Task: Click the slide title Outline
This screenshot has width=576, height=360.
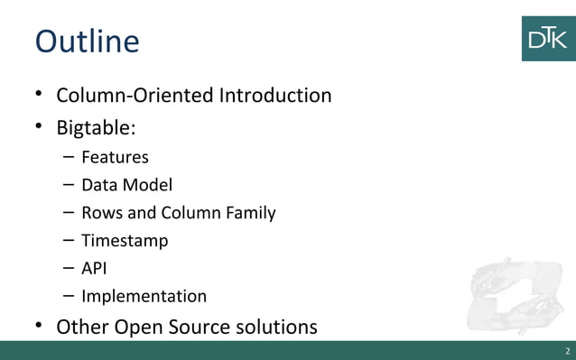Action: point(87,42)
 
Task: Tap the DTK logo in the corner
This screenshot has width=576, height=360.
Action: point(548,39)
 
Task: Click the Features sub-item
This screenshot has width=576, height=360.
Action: point(115,158)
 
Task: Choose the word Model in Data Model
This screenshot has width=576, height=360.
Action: point(151,186)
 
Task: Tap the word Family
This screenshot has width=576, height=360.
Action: point(249,214)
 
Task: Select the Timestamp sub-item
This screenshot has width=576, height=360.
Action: point(125,242)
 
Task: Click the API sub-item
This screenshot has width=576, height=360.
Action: point(95,269)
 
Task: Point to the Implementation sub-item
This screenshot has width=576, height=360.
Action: point(144,297)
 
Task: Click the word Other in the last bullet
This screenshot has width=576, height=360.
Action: point(82,326)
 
